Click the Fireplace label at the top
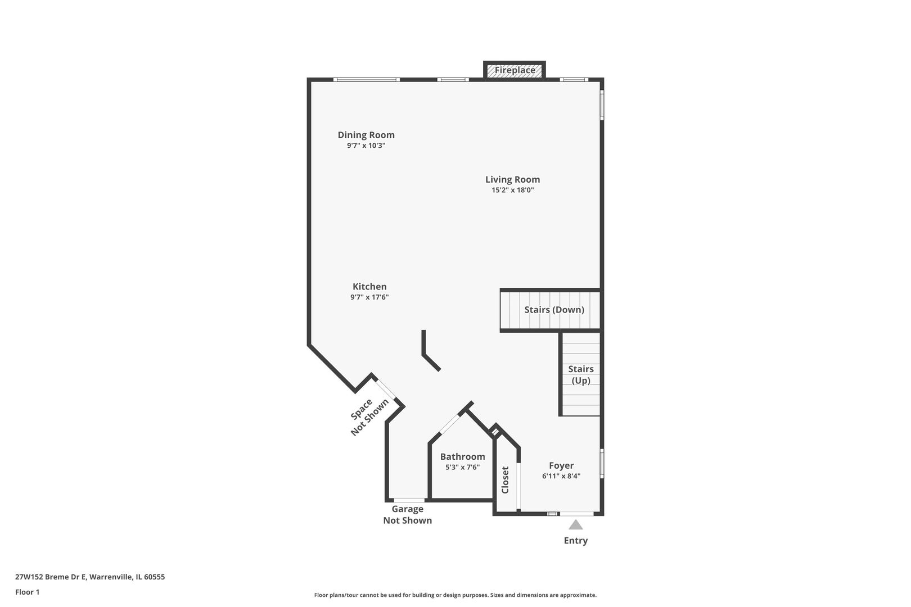click(515, 70)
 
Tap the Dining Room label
click(366, 135)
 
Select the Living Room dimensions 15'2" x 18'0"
click(512, 190)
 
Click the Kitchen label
click(369, 287)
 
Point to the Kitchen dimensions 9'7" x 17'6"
click(369, 297)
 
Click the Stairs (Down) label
click(554, 310)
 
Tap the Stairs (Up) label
click(581, 374)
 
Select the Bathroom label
click(462, 456)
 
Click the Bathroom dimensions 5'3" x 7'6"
click(462, 467)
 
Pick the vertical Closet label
click(505, 479)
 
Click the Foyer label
click(561, 465)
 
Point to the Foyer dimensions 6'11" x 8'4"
click(561, 476)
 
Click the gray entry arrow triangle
click(575, 525)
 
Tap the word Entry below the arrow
click(575, 541)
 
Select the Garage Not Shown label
click(407, 515)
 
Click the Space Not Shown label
click(369, 416)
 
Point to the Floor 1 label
click(27, 592)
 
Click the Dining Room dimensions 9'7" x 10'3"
click(366, 146)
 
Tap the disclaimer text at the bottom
click(455, 595)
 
